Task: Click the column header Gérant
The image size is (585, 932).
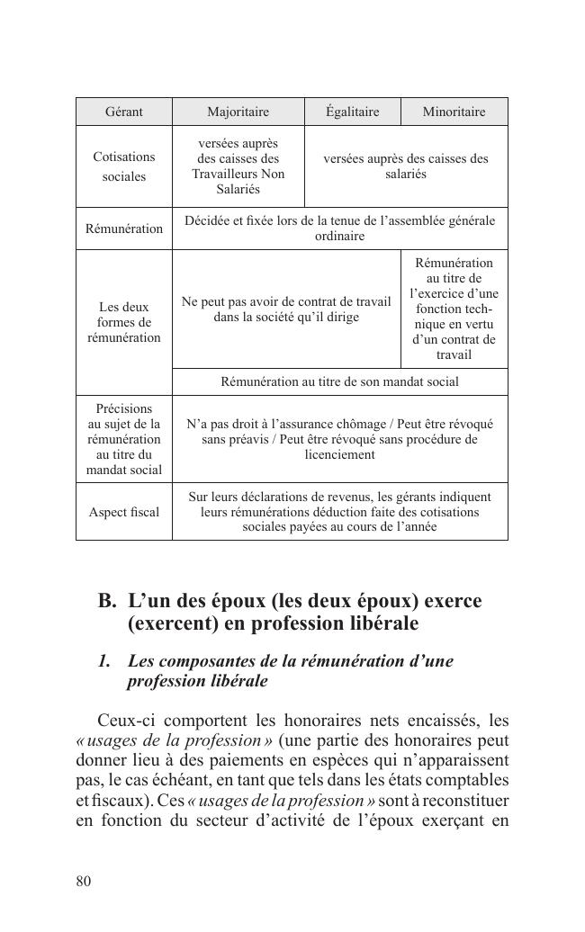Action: (124, 112)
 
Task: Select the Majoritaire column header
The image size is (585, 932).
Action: (238, 112)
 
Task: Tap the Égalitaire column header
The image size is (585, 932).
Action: (352, 112)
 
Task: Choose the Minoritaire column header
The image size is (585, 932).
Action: (454, 112)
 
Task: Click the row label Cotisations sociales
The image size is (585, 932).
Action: (124, 166)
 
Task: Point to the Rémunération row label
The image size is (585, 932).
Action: (124, 229)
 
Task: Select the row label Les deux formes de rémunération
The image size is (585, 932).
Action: (124, 322)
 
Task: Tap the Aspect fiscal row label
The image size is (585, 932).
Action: (124, 512)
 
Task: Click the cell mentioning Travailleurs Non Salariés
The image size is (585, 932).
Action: (238, 166)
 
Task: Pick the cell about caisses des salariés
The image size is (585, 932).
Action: (406, 166)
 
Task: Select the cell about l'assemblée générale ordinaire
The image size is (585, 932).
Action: (339, 229)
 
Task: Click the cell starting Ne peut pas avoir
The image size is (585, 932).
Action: (286, 309)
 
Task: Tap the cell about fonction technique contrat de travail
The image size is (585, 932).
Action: (454, 309)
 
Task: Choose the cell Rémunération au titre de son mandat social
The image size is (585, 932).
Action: (339, 381)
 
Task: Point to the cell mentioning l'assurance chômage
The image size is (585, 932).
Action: (339, 439)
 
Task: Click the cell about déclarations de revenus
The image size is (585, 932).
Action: (339, 512)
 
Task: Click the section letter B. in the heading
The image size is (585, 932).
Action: (107, 601)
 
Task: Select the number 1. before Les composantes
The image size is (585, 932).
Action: (105, 661)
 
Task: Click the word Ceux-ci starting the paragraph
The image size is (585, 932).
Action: (123, 721)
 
